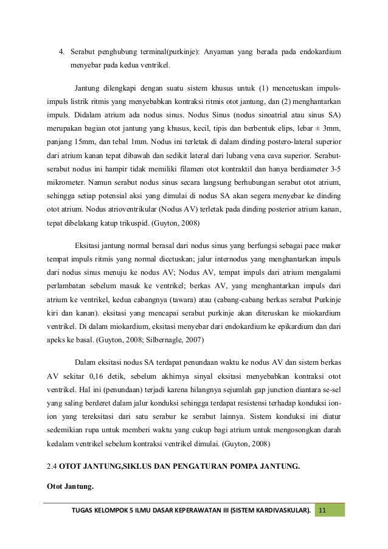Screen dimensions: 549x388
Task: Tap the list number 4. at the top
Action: [x=61, y=50]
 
